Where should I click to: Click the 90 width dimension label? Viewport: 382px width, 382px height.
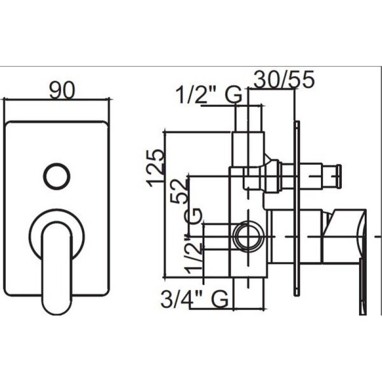tap(62, 90)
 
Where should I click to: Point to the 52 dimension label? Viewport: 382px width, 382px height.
tap(180, 191)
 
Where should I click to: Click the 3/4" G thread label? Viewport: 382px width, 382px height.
tap(195, 299)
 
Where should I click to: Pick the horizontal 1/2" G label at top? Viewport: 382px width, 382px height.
tap(209, 95)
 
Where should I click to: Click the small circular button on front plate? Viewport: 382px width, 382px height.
tap(57, 176)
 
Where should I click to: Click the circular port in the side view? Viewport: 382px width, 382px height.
tap(248, 236)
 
